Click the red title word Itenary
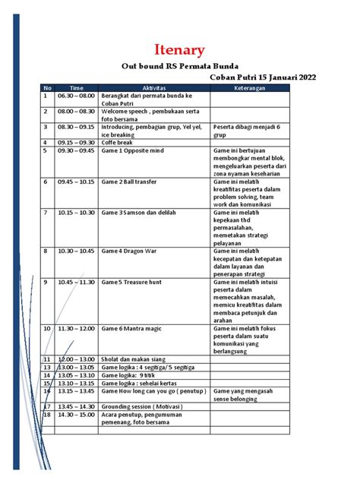pyautogui.click(x=179, y=51)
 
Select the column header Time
pyautogui.click(x=77, y=88)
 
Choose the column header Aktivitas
pyautogui.click(x=154, y=88)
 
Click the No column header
pyautogui.click(x=47, y=88)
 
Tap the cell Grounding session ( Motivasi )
pyautogui.click(x=143, y=406)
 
